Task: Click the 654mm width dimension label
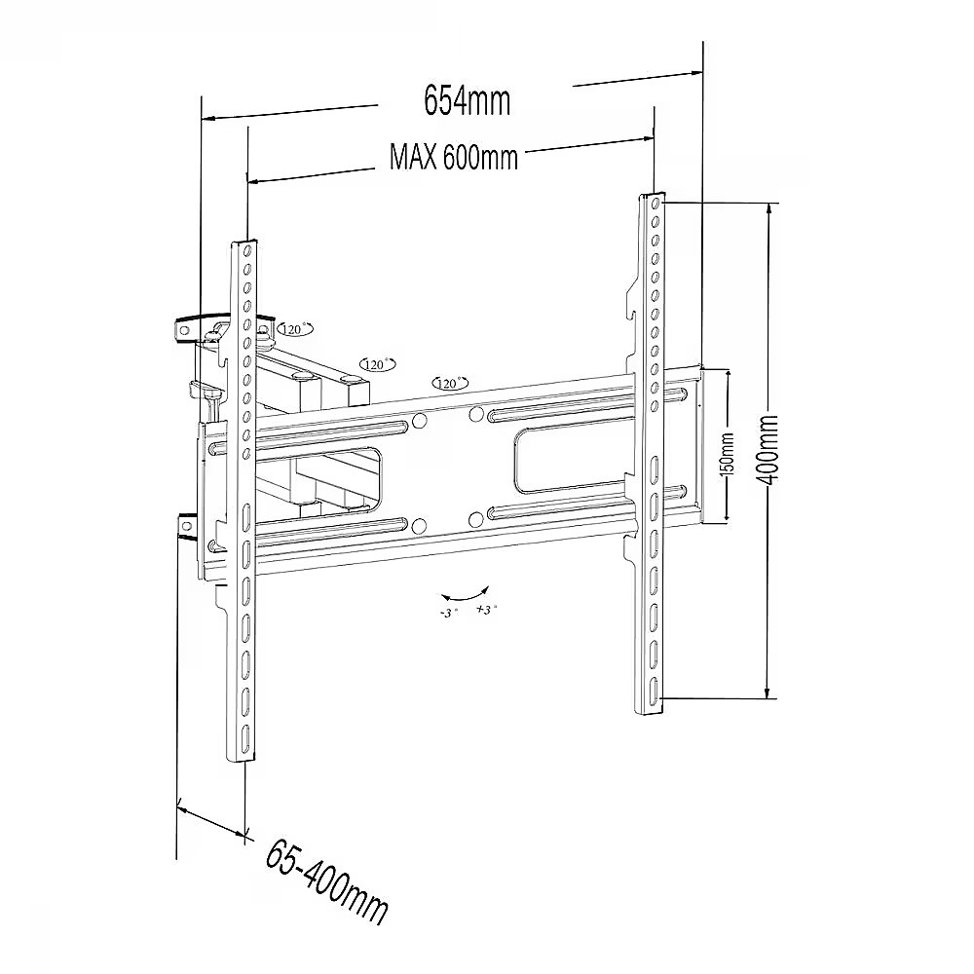pos(467,99)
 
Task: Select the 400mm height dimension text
pos(769,450)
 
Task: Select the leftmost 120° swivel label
pos(294,330)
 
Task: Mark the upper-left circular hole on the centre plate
pos(420,421)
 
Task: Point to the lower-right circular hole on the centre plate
pos(475,519)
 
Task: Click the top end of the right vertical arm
pos(653,199)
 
